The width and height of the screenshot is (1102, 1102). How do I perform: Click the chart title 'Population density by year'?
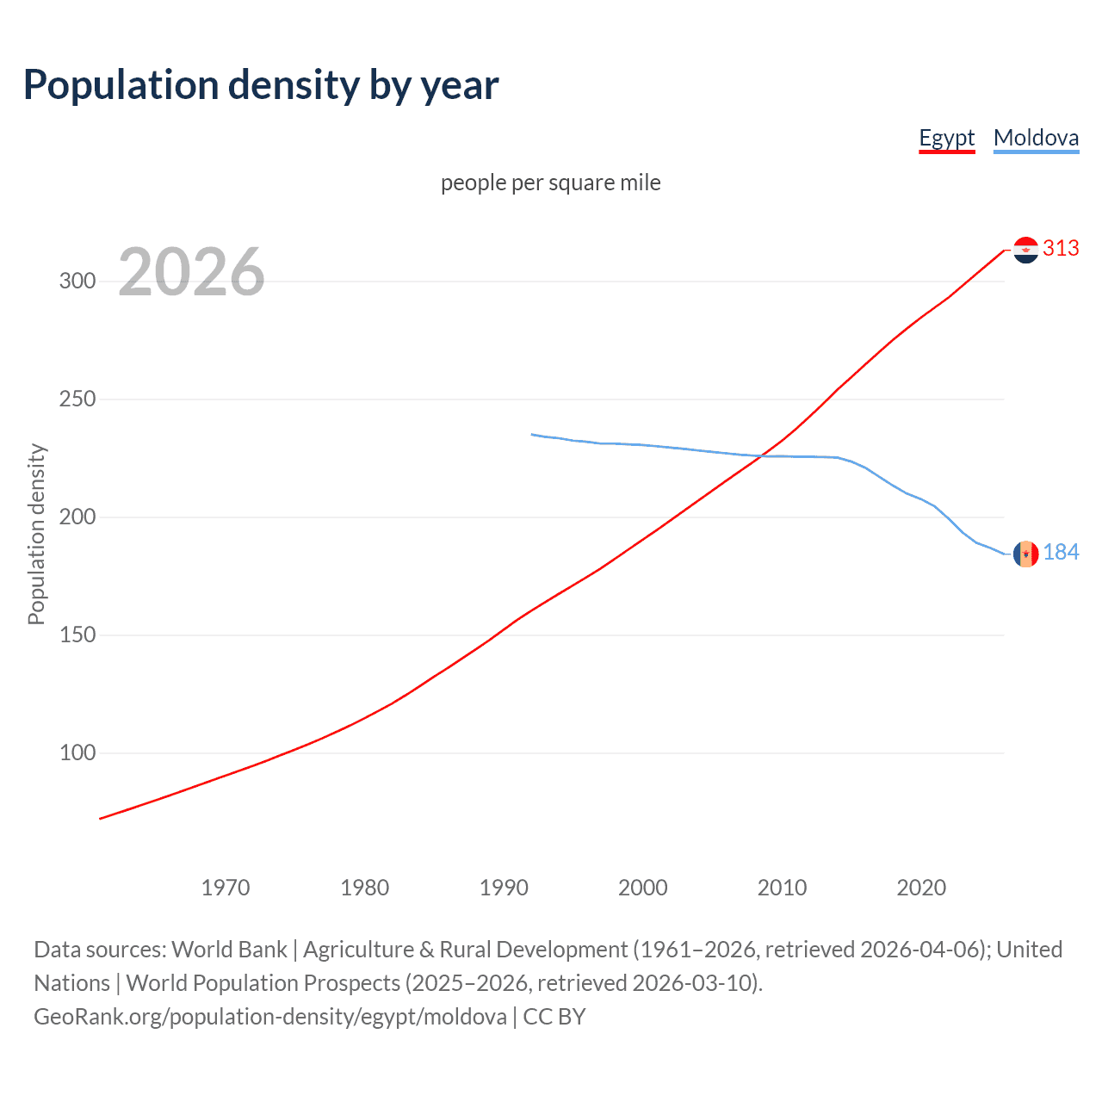coord(261,85)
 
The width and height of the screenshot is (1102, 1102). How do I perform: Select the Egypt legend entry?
coord(946,138)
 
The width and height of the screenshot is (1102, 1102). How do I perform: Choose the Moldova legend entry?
coord(1036,138)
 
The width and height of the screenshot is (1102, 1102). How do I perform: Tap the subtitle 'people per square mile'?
coord(551,183)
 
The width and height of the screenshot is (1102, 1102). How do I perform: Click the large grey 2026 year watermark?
coord(191,272)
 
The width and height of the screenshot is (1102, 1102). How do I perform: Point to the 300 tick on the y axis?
coord(77,282)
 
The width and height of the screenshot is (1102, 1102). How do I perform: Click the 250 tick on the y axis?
coord(77,399)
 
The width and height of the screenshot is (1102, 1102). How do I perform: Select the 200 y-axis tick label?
coord(77,517)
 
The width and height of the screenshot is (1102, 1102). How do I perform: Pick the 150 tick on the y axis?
coord(77,635)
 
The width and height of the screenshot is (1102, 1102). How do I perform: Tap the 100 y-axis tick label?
coord(77,753)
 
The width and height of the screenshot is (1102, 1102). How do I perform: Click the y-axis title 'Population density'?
coord(36,534)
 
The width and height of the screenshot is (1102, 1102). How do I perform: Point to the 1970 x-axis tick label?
coord(226,888)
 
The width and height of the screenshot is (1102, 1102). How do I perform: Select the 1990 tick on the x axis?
coord(504,888)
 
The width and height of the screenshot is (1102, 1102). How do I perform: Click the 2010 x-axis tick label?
coord(782,888)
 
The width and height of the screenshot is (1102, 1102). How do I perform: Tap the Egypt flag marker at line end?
coord(1025,250)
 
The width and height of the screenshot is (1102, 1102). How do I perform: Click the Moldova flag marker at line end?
coord(1025,554)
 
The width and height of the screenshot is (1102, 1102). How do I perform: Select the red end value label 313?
coord(1061,249)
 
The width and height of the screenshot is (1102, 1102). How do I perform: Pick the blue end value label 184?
coord(1061,553)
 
